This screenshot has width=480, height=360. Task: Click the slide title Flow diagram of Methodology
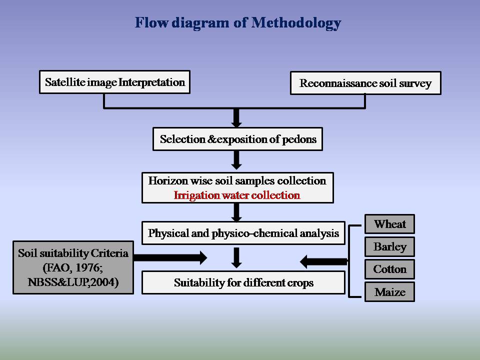pyautogui.click(x=238, y=23)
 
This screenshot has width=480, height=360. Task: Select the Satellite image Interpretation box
pyautogui.click(x=114, y=82)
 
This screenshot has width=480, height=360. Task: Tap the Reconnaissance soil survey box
pyautogui.click(x=365, y=83)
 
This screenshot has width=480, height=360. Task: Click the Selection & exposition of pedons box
pyautogui.click(x=237, y=139)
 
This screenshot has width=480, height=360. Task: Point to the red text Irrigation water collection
pyautogui.click(x=237, y=195)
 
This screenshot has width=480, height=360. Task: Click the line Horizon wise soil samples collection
pyautogui.click(x=237, y=181)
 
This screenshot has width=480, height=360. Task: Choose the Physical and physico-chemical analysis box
pyautogui.click(x=243, y=233)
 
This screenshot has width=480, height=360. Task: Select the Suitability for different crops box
pyautogui.click(x=243, y=283)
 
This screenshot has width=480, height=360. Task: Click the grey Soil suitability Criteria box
pyautogui.click(x=73, y=268)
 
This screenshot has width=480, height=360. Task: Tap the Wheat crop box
pyautogui.click(x=389, y=224)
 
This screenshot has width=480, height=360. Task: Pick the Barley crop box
pyautogui.click(x=389, y=246)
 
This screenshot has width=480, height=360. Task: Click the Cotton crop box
pyautogui.click(x=389, y=269)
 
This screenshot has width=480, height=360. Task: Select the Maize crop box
pyautogui.click(x=389, y=292)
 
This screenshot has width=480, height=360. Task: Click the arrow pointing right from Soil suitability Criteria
pyautogui.click(x=170, y=258)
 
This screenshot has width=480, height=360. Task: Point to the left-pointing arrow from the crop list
pyautogui.click(x=324, y=261)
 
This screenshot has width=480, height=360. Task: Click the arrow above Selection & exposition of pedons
pyautogui.click(x=237, y=118)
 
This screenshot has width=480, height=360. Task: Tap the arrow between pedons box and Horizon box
pyautogui.click(x=237, y=160)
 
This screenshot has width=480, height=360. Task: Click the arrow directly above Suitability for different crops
pyautogui.click(x=237, y=257)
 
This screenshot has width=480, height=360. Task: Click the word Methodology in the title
pyautogui.click(x=296, y=23)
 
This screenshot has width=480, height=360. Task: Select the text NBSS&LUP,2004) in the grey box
pyautogui.click(x=73, y=282)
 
